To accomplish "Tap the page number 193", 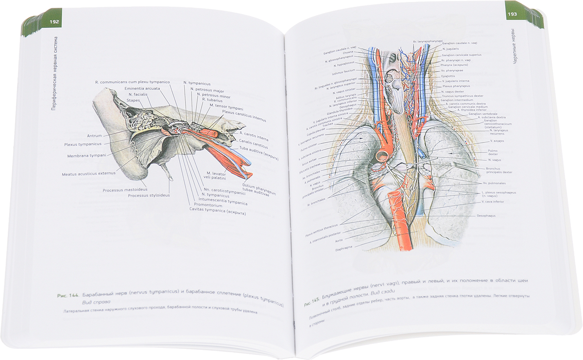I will [512, 14].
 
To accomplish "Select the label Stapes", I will [134, 101].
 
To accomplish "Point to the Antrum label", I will [94, 136].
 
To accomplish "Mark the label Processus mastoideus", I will [125, 189].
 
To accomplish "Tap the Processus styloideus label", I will [149, 196].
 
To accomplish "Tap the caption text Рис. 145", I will [312, 304].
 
